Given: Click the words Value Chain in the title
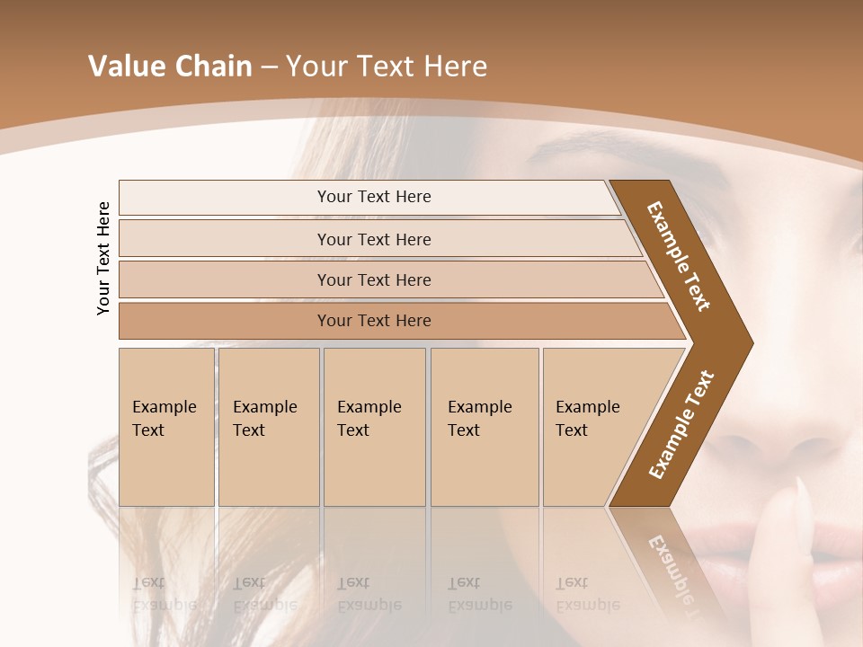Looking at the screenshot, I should pos(170,66).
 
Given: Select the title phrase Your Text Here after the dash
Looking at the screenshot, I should pos(387,66).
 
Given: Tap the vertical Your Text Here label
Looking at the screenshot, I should pos(103,258).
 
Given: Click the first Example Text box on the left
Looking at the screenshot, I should pos(166,427).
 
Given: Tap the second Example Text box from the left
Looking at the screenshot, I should pos(269,427).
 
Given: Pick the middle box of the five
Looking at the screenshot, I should pos(374,427).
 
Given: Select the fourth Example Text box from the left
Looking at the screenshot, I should pos(485,427).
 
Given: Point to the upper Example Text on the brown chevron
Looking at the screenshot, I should pos(679,256).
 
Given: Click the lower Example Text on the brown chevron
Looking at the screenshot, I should pos(681,425).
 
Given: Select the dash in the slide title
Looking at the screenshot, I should pos(269,67).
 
